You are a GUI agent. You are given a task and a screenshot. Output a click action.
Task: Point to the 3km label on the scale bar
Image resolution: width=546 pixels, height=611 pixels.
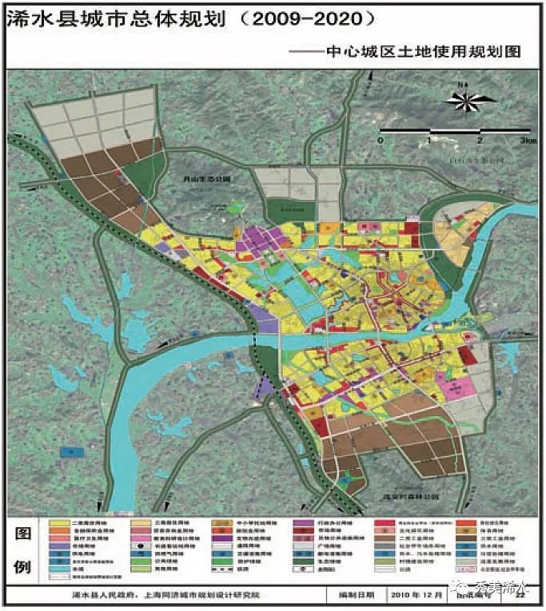pyautogui.click(x=526, y=141)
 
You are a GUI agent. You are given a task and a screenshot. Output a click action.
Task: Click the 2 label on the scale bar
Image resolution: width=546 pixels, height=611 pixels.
pyautogui.click(x=480, y=141)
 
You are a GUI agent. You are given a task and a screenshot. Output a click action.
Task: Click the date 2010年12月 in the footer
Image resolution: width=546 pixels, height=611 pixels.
pyautogui.click(x=420, y=595)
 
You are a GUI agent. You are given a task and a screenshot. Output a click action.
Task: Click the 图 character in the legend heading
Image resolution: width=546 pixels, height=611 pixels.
pyautogui.click(x=25, y=534)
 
